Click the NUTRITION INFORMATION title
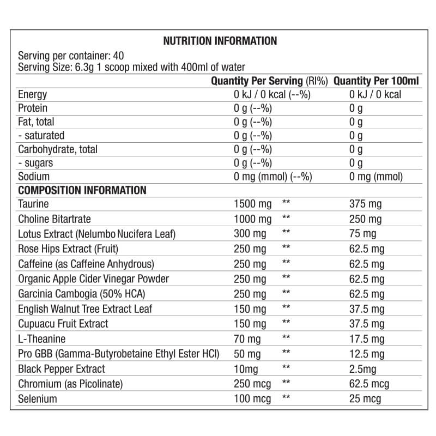[220, 41]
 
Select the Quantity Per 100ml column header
[376, 81]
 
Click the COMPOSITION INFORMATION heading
[82, 190]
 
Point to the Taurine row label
[33, 204]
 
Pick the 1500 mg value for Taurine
[252, 204]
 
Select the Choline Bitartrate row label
[55, 219]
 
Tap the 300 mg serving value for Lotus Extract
[250, 234]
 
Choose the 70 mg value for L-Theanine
[247, 339]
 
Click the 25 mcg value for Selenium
[365, 399]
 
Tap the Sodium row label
[34, 176]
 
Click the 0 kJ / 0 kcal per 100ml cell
[376, 94]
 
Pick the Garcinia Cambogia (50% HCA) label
[77, 294]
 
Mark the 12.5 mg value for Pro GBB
[367, 354]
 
